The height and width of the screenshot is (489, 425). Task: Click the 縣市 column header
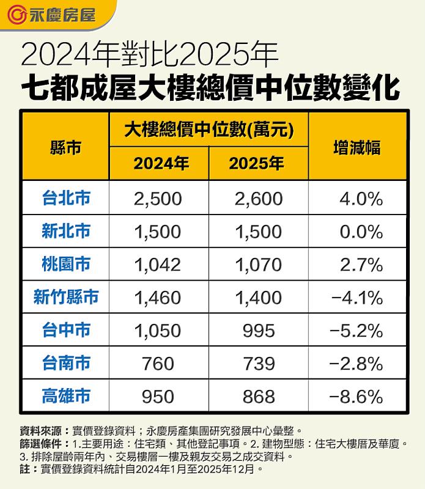point(65,147)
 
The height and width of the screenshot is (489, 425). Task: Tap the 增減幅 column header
point(357,147)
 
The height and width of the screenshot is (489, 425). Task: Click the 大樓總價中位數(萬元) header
point(207,130)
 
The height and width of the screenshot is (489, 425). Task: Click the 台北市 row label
point(66,198)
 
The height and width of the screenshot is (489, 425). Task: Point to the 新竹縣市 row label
point(66,297)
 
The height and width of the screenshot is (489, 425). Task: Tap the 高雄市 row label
point(66,396)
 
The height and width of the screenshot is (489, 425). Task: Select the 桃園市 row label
point(66,264)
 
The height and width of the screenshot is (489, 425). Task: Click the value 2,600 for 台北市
point(258,199)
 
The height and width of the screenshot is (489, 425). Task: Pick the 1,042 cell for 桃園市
point(158,265)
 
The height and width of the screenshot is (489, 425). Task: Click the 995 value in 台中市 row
point(258,331)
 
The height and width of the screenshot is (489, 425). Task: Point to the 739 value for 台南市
point(258,364)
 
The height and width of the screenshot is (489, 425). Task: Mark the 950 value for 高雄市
point(158,397)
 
